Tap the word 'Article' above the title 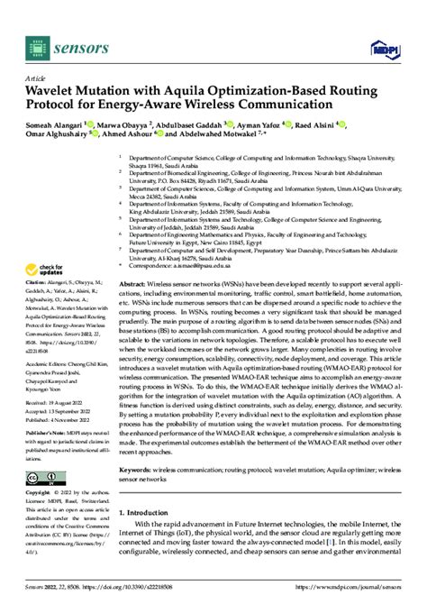click(37, 78)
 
